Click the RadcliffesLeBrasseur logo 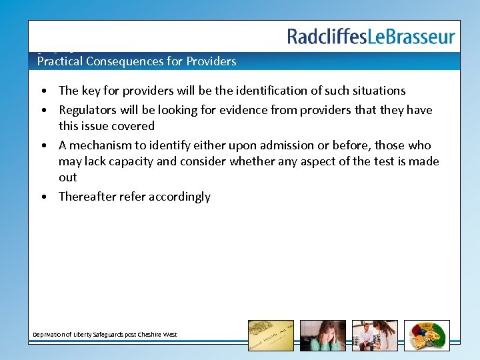pyautogui.click(x=371, y=37)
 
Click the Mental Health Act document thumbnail pyautogui.click(x=271, y=335)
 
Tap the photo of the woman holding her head pyautogui.click(x=323, y=335)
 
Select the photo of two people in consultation pyautogui.click(x=375, y=335)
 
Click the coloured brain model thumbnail pyautogui.click(x=427, y=335)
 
